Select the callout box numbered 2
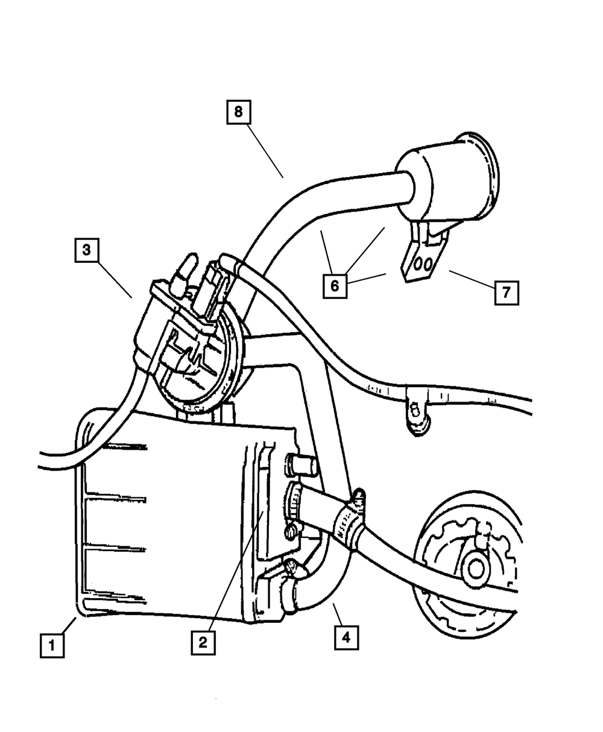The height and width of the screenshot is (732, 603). click(x=203, y=642)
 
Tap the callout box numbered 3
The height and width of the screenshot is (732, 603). click(x=87, y=250)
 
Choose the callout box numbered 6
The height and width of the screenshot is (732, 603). click(x=335, y=285)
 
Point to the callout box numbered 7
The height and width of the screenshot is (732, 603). click(x=507, y=293)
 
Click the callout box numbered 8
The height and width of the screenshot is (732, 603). click(x=238, y=112)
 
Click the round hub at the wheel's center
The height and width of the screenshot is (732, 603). click(x=476, y=567)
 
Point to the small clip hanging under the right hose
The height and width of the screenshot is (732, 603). click(x=415, y=417)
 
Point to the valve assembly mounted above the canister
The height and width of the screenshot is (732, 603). click(x=181, y=338)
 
